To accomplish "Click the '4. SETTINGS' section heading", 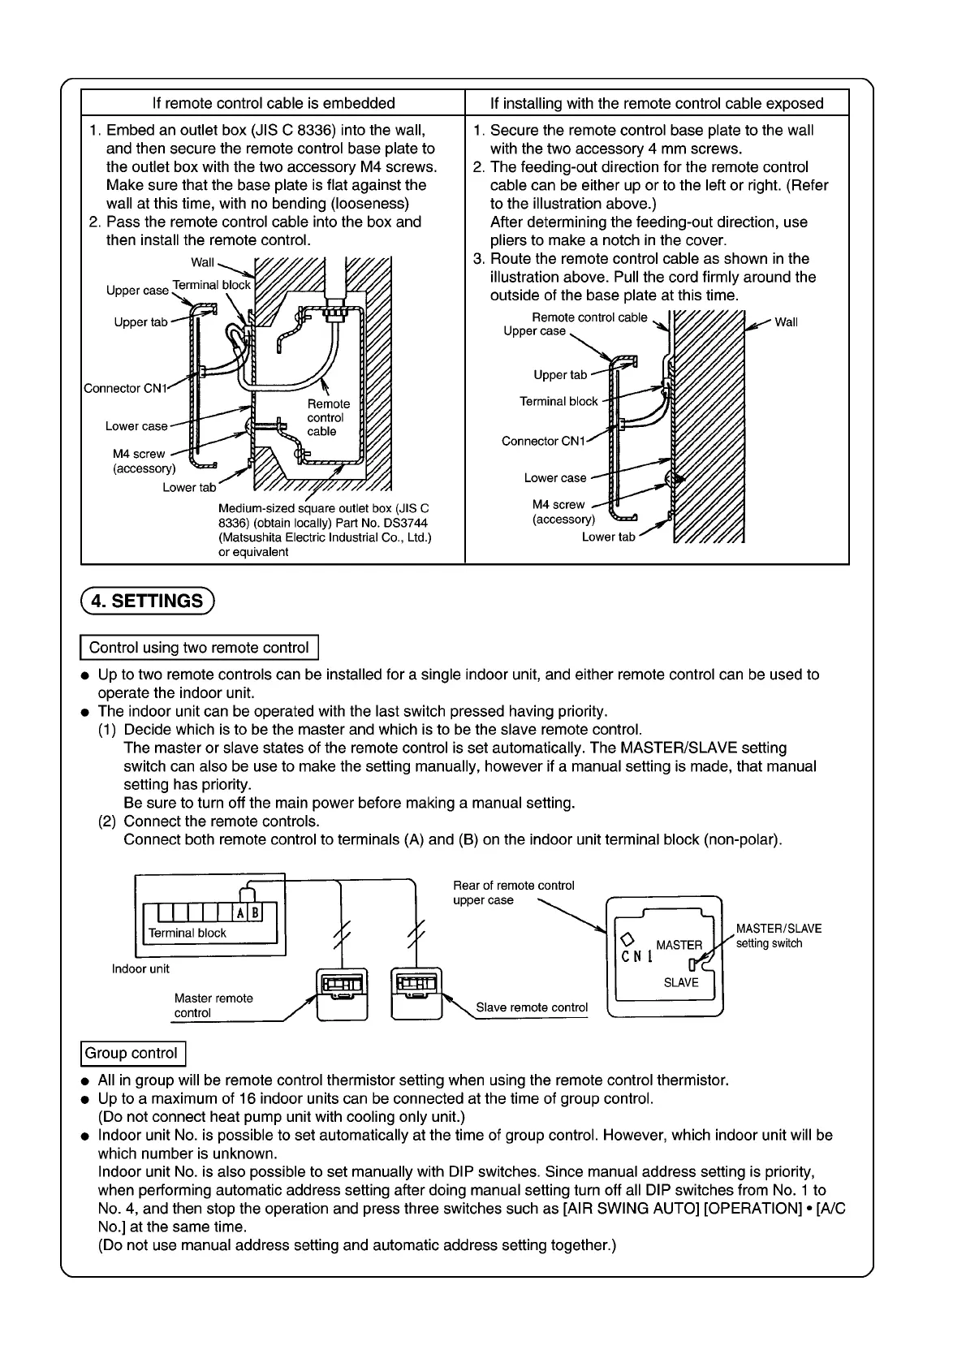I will tap(147, 601).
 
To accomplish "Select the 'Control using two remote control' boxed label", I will tap(199, 648).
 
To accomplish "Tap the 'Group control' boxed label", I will tap(132, 1053).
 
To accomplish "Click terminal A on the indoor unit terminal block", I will tap(242, 912).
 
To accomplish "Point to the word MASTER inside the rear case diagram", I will tap(679, 945).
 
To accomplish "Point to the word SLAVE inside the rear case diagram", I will tap(681, 982).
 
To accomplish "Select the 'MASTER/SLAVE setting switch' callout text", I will tap(778, 936).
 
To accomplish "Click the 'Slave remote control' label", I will tap(532, 1007).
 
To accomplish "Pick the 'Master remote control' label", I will tap(213, 1006).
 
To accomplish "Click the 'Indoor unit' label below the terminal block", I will tap(140, 968).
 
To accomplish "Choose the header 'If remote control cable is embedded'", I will tap(274, 103).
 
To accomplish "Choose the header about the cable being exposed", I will tap(657, 103).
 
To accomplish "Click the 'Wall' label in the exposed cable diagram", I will tap(786, 322).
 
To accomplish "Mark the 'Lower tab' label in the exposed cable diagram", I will tap(608, 537).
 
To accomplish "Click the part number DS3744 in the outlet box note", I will tap(408, 523).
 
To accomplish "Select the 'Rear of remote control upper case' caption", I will tap(513, 893).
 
